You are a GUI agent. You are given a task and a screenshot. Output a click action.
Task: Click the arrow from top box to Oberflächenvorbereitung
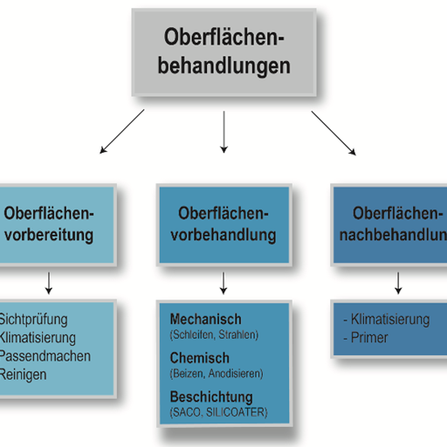click(122, 134)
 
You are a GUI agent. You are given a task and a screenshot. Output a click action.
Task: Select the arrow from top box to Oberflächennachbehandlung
click(334, 134)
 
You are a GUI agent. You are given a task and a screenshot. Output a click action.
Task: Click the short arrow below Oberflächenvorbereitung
click(49, 281)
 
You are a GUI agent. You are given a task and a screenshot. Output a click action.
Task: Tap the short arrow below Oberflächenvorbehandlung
click(224, 281)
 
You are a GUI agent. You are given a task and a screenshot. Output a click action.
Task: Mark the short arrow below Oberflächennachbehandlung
click(399, 281)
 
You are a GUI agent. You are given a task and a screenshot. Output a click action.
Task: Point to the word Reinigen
click(24, 375)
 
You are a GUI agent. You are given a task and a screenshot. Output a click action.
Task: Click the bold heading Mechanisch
click(206, 320)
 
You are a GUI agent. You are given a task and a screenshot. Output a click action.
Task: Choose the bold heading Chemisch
click(200, 358)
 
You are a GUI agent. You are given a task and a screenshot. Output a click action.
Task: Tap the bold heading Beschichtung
click(210, 397)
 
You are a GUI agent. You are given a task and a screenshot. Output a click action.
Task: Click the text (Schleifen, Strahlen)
click(214, 334)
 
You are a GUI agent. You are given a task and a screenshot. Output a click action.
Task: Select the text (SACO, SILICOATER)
click(218, 412)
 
